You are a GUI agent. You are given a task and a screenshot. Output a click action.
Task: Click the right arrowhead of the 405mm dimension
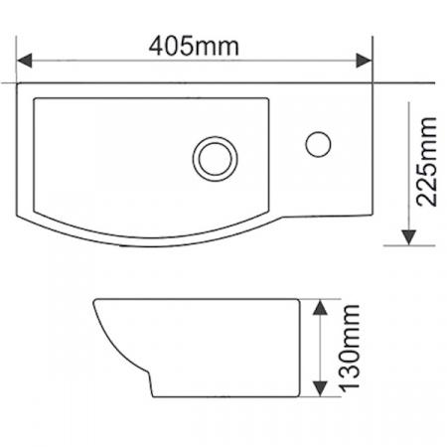pyautogui.click(x=364, y=59)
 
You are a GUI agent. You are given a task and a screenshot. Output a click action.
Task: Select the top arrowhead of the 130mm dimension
pyautogui.click(x=319, y=307)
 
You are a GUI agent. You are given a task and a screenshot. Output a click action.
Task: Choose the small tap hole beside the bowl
pyautogui.click(x=317, y=142)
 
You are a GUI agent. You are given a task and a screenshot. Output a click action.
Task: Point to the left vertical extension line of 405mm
pyautogui.click(x=18, y=62)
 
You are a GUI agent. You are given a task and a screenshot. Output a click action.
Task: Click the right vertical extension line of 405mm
pyautogui.click(x=372, y=62)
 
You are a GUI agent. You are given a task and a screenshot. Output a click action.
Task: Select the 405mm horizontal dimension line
pyautogui.click(x=119, y=59)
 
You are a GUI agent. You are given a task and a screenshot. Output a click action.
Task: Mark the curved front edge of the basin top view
pyautogui.click(x=149, y=242)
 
